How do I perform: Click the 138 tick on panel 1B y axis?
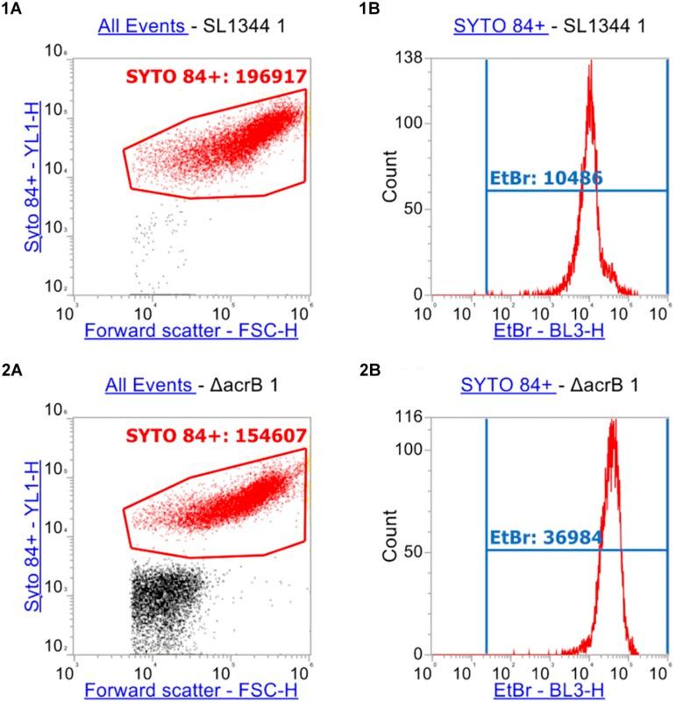411,58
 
